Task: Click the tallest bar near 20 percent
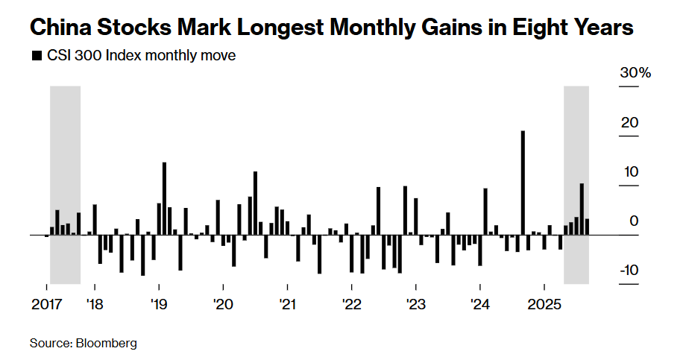(x=523, y=183)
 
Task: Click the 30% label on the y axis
(x=635, y=73)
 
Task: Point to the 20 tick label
(x=631, y=122)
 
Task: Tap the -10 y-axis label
(x=629, y=270)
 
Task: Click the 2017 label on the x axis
(x=46, y=305)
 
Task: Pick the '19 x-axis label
(x=158, y=305)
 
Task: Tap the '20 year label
(x=223, y=305)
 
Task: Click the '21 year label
(x=287, y=305)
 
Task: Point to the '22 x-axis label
(x=351, y=305)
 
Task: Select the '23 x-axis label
(x=415, y=305)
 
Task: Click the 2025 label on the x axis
(x=544, y=305)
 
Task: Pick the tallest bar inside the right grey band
(x=582, y=209)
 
